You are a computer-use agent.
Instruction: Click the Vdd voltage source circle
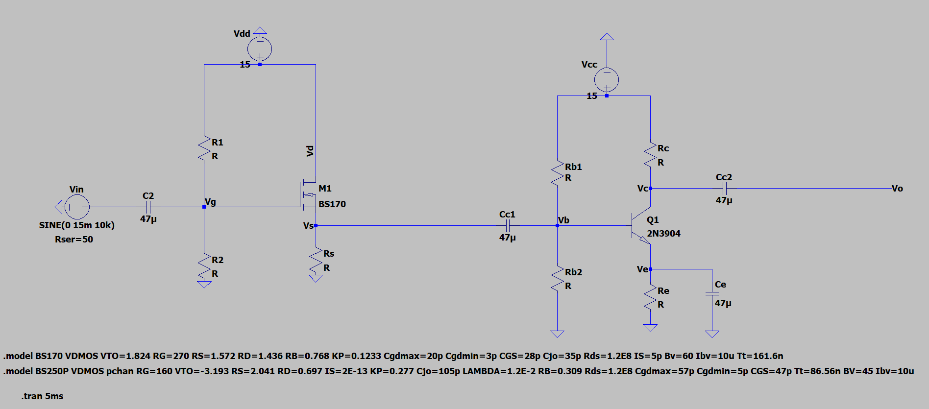260,48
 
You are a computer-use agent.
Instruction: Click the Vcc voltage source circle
607,79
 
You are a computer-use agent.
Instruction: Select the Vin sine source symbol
77,207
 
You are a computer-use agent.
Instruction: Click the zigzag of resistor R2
204,266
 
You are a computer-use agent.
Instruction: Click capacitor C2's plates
148,207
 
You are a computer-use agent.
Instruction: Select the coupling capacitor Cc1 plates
508,225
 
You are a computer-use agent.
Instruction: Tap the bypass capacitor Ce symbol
712,293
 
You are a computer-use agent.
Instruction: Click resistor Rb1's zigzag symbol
557,172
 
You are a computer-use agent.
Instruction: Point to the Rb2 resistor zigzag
557,279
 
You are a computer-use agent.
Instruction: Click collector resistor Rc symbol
650,155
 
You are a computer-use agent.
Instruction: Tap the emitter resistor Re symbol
650,297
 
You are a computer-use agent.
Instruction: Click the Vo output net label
897,189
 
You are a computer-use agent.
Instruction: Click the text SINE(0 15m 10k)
77,225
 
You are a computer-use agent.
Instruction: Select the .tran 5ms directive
43,396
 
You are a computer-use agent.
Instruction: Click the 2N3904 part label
663,234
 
